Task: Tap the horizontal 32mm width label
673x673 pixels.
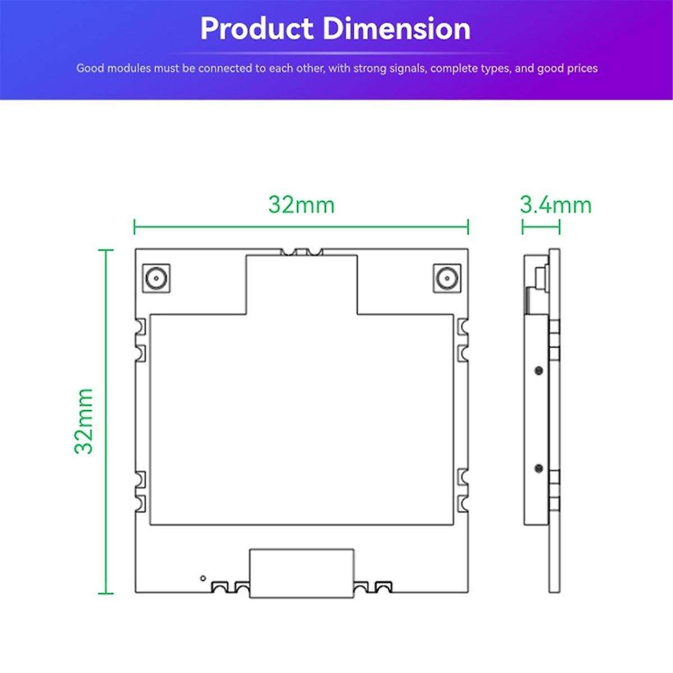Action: click(301, 205)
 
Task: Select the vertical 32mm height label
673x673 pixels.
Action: click(84, 420)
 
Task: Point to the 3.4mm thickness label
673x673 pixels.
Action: click(555, 205)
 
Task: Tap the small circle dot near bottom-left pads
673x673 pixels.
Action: click(202, 578)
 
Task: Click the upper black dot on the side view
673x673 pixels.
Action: click(538, 371)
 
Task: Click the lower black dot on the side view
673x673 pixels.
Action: click(538, 468)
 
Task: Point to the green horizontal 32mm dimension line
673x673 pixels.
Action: click(301, 227)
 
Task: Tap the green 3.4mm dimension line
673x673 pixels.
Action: click(541, 227)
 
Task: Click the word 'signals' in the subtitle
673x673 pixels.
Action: click(405, 69)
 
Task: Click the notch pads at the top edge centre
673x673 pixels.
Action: click(301, 252)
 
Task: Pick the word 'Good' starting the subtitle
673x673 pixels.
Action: click(89, 69)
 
